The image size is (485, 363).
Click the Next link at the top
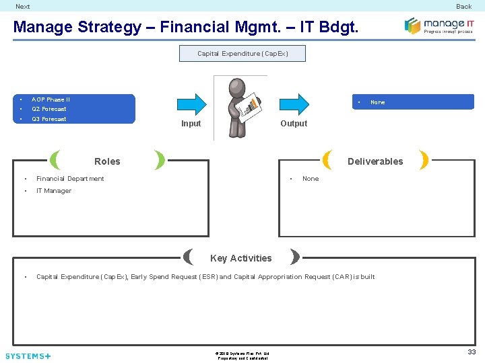click(x=23, y=7)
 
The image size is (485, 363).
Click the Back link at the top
click(x=463, y=7)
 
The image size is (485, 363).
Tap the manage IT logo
click(x=439, y=26)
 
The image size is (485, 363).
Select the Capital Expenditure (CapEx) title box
click(x=243, y=54)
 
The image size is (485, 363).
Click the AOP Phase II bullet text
click(x=51, y=99)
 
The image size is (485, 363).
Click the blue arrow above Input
click(x=191, y=104)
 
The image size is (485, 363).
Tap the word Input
click(x=191, y=124)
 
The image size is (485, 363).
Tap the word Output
click(x=294, y=124)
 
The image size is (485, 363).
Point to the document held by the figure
click(x=251, y=104)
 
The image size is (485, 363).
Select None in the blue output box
click(x=378, y=102)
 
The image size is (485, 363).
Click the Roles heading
click(x=107, y=161)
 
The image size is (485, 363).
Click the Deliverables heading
click(x=375, y=161)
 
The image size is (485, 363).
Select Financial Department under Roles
click(x=70, y=179)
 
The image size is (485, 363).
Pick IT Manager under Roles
click(x=54, y=191)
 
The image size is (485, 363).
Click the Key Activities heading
click(x=241, y=258)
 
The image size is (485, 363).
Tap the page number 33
click(x=472, y=352)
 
